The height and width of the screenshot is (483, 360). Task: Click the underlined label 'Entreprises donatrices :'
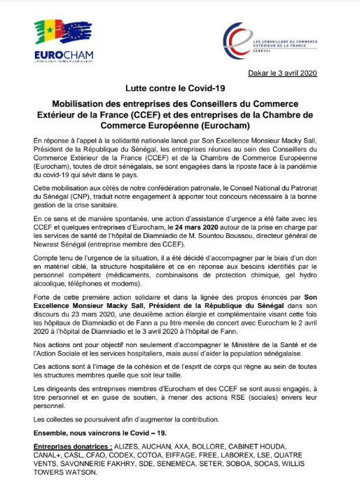(x=74, y=446)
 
